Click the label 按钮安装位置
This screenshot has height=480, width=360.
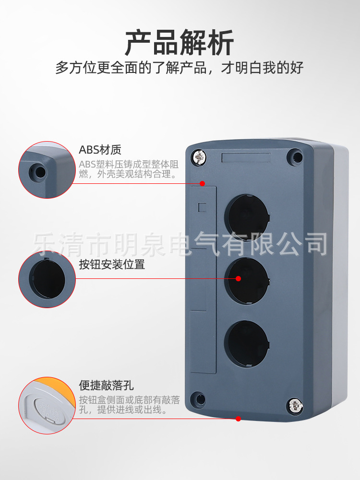pyautogui.click(x=112, y=264)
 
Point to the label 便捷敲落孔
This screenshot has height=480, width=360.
pyautogui.click(x=106, y=385)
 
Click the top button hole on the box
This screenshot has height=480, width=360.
pyautogui.click(x=247, y=216)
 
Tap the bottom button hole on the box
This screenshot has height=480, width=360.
pyautogui.click(x=247, y=342)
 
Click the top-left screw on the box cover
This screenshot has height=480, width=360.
pyautogui.click(x=198, y=156)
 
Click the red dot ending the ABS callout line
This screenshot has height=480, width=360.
pyautogui.click(x=203, y=183)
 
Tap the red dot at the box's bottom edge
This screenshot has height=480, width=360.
pyautogui.click(x=238, y=419)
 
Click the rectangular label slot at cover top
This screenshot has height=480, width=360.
pyautogui.click(x=246, y=157)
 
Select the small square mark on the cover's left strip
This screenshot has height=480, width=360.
pyautogui.click(x=202, y=207)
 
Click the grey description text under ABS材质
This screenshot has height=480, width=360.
pyautogui.click(x=129, y=169)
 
